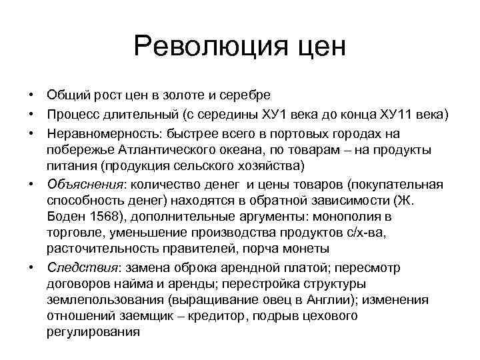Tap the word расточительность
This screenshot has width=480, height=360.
coord(97,249)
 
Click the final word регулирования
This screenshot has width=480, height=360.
coord(93,333)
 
